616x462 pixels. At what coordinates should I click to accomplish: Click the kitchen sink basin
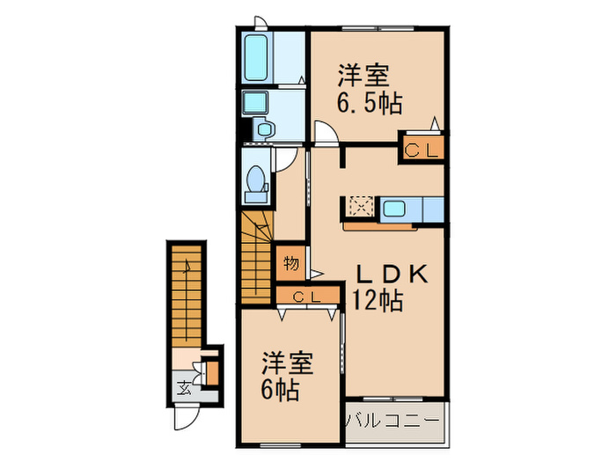393,209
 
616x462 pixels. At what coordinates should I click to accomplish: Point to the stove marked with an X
360,208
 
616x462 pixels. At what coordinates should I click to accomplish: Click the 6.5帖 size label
369,103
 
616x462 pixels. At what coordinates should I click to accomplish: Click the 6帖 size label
279,388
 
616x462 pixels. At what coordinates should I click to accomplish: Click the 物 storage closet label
291,261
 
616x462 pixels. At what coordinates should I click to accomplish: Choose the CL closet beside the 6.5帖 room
421,150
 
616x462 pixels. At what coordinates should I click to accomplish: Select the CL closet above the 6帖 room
307,297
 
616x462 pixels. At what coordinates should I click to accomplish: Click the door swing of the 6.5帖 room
326,132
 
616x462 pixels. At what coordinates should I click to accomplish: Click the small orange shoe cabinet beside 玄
211,372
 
